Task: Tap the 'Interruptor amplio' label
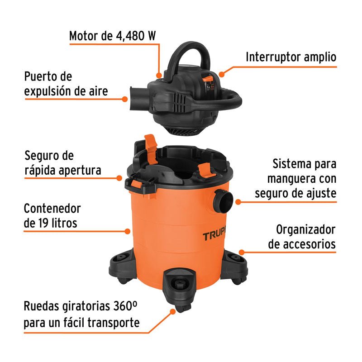(x=291, y=57)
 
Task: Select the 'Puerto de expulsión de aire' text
(x=66, y=84)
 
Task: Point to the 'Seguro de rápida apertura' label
(x=62, y=163)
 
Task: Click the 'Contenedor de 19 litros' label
(x=52, y=215)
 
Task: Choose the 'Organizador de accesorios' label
(x=301, y=237)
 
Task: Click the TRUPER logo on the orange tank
(x=216, y=236)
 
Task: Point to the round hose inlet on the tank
(x=224, y=199)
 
